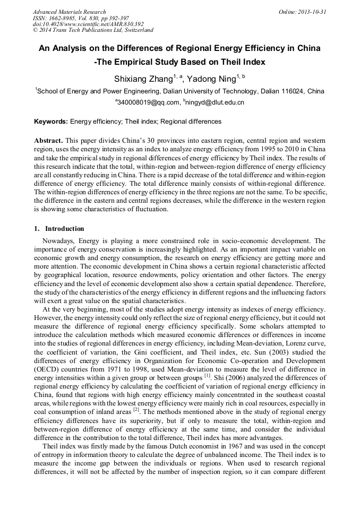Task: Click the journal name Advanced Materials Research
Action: [x=69, y=12]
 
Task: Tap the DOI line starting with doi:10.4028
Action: [x=88, y=24]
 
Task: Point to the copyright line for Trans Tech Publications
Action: [x=93, y=31]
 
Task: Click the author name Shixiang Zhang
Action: [x=143, y=79]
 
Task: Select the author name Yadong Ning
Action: [x=212, y=79]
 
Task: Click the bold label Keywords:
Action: [x=51, y=122]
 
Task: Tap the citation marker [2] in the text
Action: [x=135, y=409]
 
